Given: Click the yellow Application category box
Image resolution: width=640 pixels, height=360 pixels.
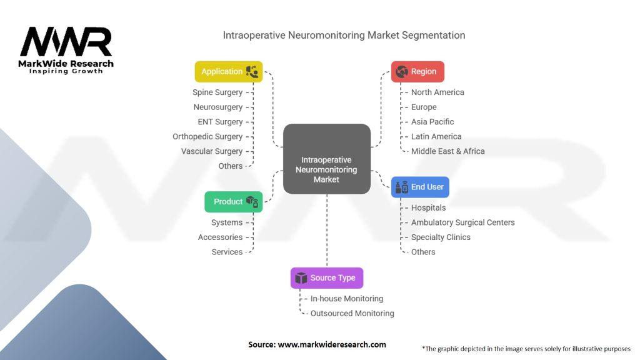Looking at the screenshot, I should [228, 72].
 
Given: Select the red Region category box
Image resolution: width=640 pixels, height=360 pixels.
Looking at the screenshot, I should [417, 72].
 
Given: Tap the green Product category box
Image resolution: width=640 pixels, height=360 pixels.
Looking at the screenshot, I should [233, 202].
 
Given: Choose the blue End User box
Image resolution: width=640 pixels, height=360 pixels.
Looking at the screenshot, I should [420, 187].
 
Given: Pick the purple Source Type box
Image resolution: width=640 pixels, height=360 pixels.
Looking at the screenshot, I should [326, 278].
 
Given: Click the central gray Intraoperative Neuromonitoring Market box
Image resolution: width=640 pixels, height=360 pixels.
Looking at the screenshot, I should [326, 159].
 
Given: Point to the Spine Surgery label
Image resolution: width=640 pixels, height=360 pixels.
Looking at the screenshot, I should [217, 92].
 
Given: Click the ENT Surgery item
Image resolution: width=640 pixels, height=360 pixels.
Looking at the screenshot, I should [220, 122].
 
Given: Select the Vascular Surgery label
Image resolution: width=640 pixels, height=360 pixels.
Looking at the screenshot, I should [212, 151].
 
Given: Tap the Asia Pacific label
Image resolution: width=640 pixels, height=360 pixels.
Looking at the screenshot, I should [432, 122].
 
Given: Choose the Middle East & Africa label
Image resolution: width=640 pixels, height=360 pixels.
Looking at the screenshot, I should [447, 151].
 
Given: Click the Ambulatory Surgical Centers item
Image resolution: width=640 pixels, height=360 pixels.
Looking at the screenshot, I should [462, 222].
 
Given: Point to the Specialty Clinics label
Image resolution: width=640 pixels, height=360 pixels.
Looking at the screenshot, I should [441, 237].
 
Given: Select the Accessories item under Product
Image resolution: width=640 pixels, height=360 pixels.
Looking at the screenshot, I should [220, 237].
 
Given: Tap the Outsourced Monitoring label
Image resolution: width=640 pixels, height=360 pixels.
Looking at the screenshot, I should [352, 314].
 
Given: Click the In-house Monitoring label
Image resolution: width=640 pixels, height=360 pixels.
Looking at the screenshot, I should [347, 299].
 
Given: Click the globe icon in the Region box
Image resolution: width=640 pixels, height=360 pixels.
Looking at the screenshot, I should [402, 72].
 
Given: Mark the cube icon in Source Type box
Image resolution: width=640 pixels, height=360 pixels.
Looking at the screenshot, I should [300, 278].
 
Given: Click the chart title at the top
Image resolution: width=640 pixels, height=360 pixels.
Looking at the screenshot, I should [344, 35].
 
